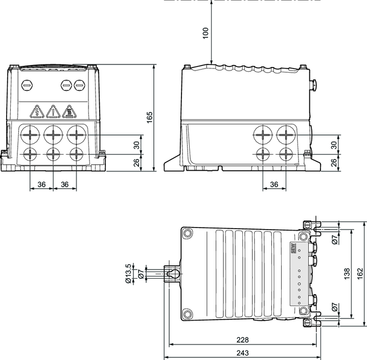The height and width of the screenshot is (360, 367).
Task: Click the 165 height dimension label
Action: click(149, 117)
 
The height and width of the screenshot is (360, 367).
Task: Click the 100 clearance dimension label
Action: click(205, 33)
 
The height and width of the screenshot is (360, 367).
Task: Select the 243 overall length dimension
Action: click(242, 353)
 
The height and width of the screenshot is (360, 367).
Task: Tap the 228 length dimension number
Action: click(242, 340)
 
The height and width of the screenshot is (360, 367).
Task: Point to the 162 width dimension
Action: click(360, 274)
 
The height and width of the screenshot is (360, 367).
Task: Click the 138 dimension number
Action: click(347, 274)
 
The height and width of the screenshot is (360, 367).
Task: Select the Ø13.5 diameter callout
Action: click(128, 274)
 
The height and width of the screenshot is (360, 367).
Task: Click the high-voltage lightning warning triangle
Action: click(37, 111)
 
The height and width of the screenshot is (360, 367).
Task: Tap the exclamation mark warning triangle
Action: click(53, 111)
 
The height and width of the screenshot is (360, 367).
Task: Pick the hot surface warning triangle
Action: click(70, 111)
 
